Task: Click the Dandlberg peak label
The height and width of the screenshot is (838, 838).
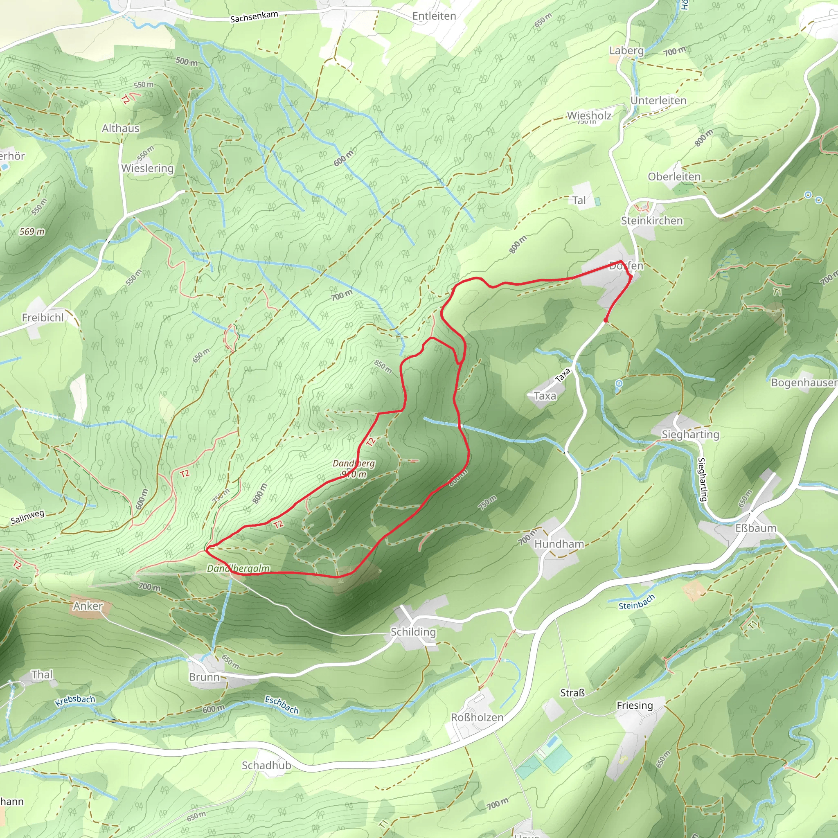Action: pyautogui.click(x=354, y=464)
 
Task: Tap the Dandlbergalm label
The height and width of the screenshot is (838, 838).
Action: pyautogui.click(x=238, y=568)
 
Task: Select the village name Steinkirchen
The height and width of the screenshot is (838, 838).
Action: pyautogui.click(x=651, y=221)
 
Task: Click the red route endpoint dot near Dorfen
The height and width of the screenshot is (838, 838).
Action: pyautogui.click(x=606, y=320)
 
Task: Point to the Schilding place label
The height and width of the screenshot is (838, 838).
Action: pyautogui.click(x=413, y=631)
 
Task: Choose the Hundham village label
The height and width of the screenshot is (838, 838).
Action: pyautogui.click(x=559, y=544)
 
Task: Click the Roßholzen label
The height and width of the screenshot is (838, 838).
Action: pyautogui.click(x=477, y=717)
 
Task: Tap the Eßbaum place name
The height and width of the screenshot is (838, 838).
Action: pyautogui.click(x=756, y=528)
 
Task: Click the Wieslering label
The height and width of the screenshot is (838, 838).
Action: pyautogui.click(x=147, y=168)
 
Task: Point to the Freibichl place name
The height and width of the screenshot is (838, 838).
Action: pyautogui.click(x=43, y=318)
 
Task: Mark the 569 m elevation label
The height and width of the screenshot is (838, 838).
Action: pyautogui.click(x=32, y=232)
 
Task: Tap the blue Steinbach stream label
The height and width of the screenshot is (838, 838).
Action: pyautogui.click(x=636, y=602)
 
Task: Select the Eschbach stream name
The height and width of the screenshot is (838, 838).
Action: pyautogui.click(x=282, y=705)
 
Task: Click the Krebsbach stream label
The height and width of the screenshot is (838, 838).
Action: pyautogui.click(x=75, y=700)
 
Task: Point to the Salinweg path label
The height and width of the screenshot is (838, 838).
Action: pyautogui.click(x=27, y=517)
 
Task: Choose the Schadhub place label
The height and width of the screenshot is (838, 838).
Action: pyautogui.click(x=266, y=766)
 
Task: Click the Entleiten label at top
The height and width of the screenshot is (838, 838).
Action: pyautogui.click(x=434, y=16)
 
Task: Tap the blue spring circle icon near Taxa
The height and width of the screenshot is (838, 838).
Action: pyautogui.click(x=619, y=383)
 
